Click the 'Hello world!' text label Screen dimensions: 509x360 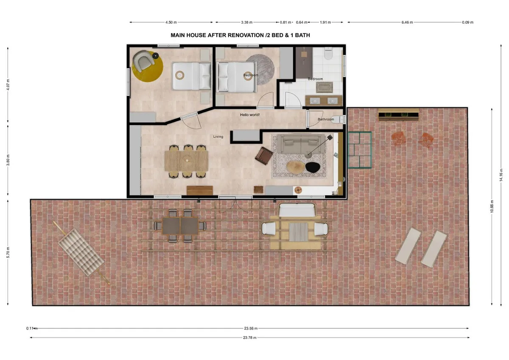pos(250,115)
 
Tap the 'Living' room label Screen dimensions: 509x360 pos(218,137)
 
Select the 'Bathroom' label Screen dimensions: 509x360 pos(326,119)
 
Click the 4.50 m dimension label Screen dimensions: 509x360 pos(171,22)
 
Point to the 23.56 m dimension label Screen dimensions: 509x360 pos(251,328)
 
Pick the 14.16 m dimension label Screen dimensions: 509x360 pos(501,175)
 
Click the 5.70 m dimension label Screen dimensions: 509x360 pos(8,252)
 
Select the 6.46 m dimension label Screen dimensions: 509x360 pos(407,22)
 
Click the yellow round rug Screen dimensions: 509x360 pos(148,67)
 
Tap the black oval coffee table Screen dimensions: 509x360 pos(313,167)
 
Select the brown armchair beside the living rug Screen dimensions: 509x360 pos(263,156)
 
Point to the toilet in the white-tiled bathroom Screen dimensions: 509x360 pos(327,53)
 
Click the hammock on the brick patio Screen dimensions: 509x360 pos(81,252)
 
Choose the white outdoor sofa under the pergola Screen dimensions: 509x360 pos(297,210)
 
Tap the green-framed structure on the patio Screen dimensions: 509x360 pos(360,150)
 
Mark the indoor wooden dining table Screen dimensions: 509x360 pos(186,161)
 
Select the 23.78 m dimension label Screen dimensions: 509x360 pos(250,338)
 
